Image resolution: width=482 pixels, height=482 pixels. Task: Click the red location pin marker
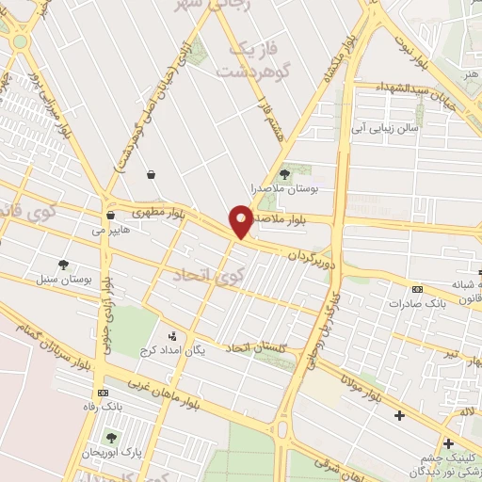point(242,220)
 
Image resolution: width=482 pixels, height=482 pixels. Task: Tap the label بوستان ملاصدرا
point(285,189)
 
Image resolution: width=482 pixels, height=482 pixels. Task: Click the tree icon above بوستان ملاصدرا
point(285,174)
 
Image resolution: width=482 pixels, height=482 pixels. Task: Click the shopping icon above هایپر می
point(110,215)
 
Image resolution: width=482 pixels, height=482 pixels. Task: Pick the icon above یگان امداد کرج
point(171,335)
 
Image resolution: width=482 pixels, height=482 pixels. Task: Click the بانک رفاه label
point(102,407)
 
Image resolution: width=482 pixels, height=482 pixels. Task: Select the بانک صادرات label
point(417,303)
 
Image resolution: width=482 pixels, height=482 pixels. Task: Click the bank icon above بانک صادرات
point(417,288)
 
